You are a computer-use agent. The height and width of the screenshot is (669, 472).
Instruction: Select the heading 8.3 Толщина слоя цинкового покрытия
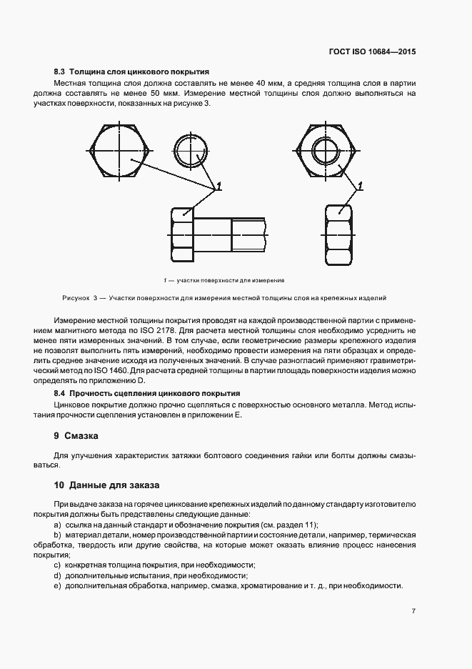tap(131, 72)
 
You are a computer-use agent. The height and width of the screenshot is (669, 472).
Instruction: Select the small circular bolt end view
tap(191, 150)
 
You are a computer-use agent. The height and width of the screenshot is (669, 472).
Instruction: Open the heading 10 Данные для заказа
tap(106, 485)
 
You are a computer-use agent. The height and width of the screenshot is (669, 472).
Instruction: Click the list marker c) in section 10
tap(57, 565)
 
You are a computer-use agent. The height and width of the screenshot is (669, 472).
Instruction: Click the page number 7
tap(413, 611)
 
